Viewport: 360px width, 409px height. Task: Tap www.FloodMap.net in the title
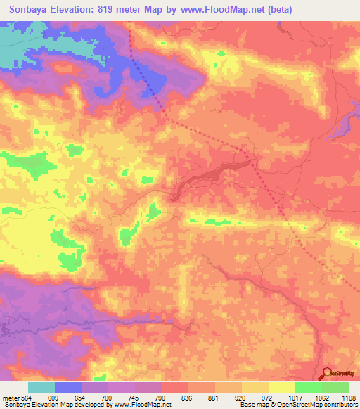[221, 9]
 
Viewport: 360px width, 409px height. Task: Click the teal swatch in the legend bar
[41, 387]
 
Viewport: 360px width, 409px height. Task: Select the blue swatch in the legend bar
[68, 387]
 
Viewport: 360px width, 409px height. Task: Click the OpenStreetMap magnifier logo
[327, 373]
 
